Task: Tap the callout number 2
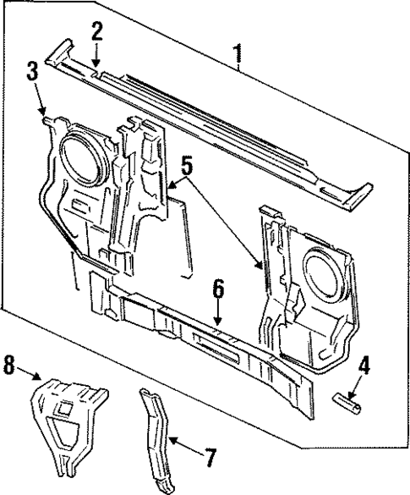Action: click(97, 31)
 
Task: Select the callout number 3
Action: click(31, 72)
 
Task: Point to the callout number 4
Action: click(363, 367)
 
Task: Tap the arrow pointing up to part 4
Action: click(352, 384)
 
